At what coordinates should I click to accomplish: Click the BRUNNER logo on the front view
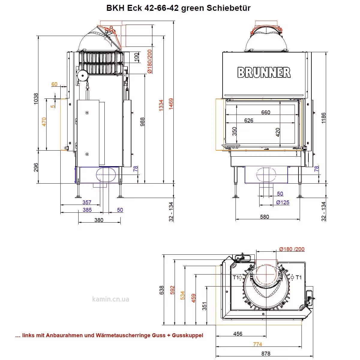pyautogui.click(x=264, y=72)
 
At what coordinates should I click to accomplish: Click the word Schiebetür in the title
pyautogui.click(x=228, y=8)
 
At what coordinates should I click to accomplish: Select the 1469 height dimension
pyautogui.click(x=171, y=104)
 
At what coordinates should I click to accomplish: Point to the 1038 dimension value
pyautogui.click(x=35, y=99)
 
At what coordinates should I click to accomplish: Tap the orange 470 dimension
pyautogui.click(x=44, y=122)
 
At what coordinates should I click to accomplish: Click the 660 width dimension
pyautogui.click(x=265, y=112)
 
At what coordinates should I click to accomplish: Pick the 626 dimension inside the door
pyautogui.click(x=249, y=121)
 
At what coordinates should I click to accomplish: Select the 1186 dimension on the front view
pyautogui.click(x=323, y=118)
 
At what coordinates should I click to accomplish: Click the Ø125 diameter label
pyautogui.click(x=283, y=202)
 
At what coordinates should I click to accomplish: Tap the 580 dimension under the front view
pyautogui.click(x=265, y=217)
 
